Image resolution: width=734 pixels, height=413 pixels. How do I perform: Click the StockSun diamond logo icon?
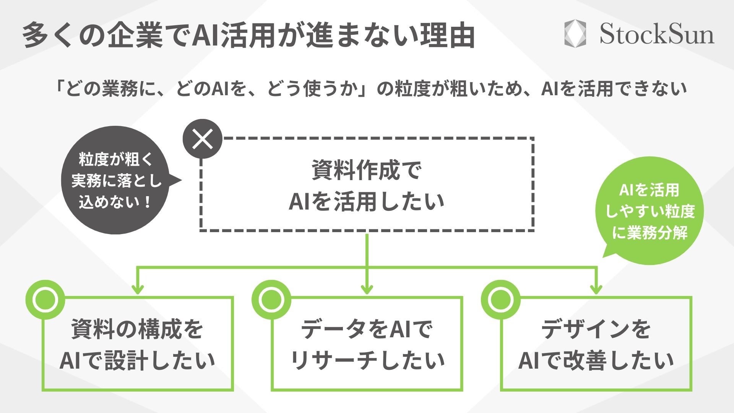pyautogui.click(x=575, y=34)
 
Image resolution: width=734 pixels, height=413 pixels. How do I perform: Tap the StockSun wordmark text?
pyautogui.click(x=656, y=34)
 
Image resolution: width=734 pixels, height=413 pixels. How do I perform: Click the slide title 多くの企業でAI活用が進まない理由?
pyautogui.click(x=248, y=36)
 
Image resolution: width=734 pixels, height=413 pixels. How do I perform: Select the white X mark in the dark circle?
pyautogui.click(x=203, y=139)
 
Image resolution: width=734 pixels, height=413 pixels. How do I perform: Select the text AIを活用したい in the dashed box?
pyautogui.click(x=366, y=201)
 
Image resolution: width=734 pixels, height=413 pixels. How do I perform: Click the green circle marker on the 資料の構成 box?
pyautogui.click(x=45, y=300)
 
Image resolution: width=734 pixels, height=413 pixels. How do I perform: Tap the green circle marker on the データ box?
pyautogui.click(x=271, y=300)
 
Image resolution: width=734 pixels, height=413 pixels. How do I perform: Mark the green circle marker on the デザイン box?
pyautogui.click(x=500, y=300)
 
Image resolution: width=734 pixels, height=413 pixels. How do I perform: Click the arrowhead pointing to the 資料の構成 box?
pyautogui.click(x=138, y=289)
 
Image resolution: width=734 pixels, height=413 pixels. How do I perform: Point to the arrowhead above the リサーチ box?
pyautogui.click(x=367, y=289)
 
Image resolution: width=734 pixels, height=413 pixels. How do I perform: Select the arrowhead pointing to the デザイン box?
pyautogui.click(x=596, y=289)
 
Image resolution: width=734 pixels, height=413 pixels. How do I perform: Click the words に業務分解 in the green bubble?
pyautogui.click(x=650, y=232)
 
